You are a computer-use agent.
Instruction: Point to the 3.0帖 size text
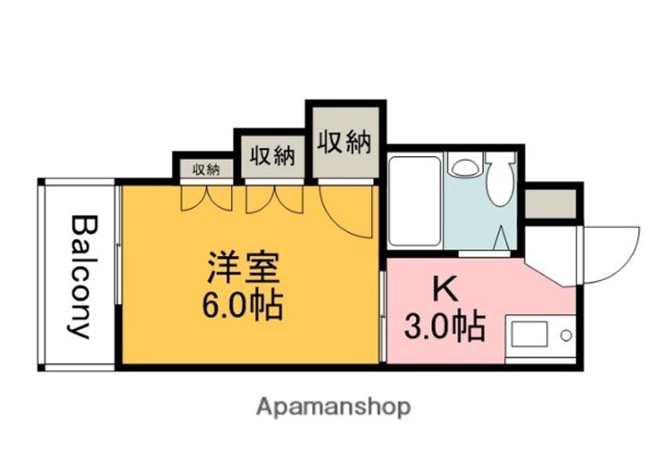coord(445,325)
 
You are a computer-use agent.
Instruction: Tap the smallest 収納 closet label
coord(206,169)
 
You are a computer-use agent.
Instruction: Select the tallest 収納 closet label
coord(345,142)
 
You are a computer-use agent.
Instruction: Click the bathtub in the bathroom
coord(415,201)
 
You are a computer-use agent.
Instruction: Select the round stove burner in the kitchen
coord(564,334)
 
